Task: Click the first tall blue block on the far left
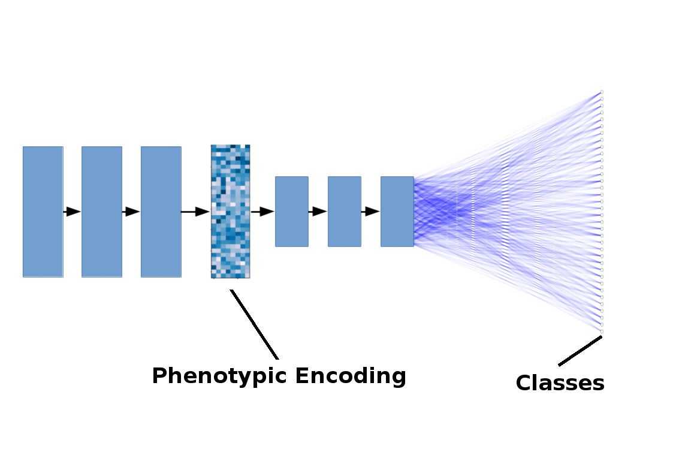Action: coord(43,212)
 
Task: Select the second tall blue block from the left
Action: coord(101,212)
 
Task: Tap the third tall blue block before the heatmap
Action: coord(161,212)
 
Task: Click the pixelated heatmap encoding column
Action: coord(230,212)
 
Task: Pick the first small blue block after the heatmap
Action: coord(291,212)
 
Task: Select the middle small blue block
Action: coord(344,212)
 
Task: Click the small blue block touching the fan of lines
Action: coord(397,212)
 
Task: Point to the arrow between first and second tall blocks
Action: coord(72,212)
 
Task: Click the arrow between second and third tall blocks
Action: coord(131,212)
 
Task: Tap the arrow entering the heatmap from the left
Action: coord(195,212)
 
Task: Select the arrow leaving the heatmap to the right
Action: coord(262,212)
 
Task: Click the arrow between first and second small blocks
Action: coord(318,212)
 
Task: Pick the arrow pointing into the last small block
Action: coord(370,212)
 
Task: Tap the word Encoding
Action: coord(351,376)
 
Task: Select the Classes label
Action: coord(560,383)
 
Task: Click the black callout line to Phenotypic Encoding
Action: coord(255,324)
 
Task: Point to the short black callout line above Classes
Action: coord(580,351)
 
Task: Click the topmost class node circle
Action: coord(601,92)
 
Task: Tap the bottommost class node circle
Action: coord(601,332)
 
